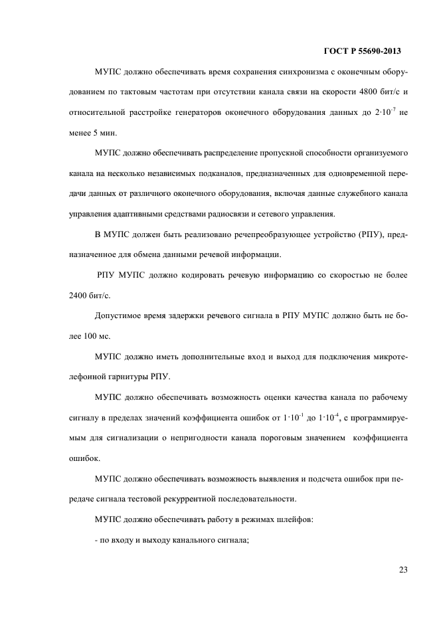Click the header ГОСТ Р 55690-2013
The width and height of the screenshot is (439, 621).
click(363, 50)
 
